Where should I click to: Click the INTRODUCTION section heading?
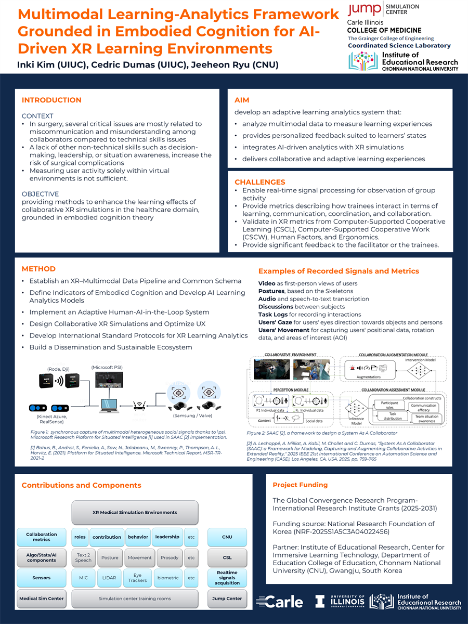coord(51,100)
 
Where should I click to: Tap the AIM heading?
coord(242,100)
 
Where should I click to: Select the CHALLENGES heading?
coord(259,182)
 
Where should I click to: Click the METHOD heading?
coord(38,269)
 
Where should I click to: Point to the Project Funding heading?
coord(300,485)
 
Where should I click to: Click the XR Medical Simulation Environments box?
coord(135,512)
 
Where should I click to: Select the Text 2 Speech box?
coord(83,557)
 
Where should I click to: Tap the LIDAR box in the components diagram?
coord(110,578)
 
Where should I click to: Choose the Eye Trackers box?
coord(137,578)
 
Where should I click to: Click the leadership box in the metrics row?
coord(167,537)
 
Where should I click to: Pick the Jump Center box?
coord(227,599)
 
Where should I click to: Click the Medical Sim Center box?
coord(42,599)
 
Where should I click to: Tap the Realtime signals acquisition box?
coord(227,578)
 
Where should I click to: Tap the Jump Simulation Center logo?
coord(383,10)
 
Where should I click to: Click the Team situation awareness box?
coord(426,419)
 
